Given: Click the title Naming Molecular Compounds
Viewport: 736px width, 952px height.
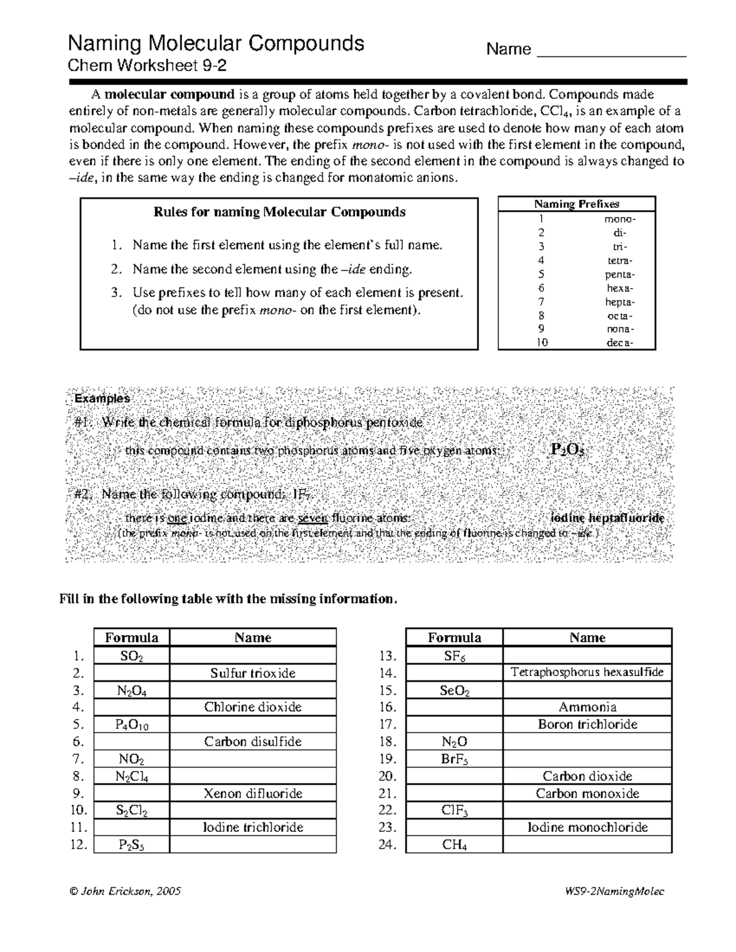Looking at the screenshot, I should [x=216, y=44].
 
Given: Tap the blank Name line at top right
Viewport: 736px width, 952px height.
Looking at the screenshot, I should [x=611, y=50].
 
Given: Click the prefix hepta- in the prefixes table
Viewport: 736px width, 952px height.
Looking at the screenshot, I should [x=619, y=302].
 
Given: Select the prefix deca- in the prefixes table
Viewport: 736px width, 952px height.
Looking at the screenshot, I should [x=619, y=343].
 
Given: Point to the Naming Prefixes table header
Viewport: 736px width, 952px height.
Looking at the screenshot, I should [x=577, y=204].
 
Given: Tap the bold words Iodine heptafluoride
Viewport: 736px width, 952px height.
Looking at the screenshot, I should [x=607, y=518].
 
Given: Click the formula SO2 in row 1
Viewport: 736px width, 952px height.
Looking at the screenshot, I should [x=131, y=656].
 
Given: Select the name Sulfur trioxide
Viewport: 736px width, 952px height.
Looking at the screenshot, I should [x=253, y=673].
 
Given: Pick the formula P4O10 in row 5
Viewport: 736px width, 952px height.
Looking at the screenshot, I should [x=131, y=725].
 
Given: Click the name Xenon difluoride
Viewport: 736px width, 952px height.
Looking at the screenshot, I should [x=253, y=793].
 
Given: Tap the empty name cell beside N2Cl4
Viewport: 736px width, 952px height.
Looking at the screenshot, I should [x=253, y=776].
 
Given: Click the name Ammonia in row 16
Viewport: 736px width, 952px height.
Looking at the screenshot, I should [x=587, y=707].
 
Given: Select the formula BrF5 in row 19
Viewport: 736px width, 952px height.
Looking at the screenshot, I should [x=454, y=759].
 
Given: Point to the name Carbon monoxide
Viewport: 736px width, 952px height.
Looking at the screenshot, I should [x=587, y=793].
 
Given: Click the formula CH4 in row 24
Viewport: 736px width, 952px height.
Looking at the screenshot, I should [x=454, y=845].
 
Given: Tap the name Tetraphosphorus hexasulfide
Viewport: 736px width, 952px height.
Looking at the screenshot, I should [x=587, y=672].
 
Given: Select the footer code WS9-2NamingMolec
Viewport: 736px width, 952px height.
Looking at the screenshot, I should [x=615, y=891].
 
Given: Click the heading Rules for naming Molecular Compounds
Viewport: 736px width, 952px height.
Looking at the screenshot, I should [x=279, y=212].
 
